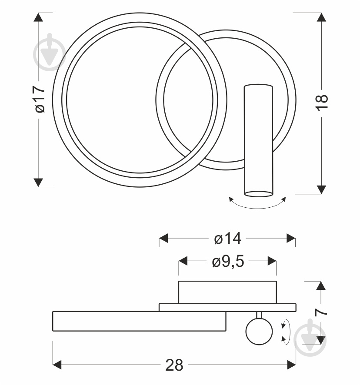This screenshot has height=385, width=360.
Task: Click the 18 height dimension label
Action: point(322,103)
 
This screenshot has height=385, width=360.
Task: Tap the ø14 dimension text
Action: point(228,238)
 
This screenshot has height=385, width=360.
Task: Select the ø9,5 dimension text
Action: point(228,261)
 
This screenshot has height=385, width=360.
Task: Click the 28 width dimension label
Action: point(174,365)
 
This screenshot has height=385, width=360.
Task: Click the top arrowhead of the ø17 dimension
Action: point(38,17)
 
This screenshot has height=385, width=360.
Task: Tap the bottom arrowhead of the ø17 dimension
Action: point(38,183)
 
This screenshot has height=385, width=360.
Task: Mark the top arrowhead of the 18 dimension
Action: point(321,17)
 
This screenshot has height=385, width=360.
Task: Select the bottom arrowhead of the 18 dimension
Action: point(321,189)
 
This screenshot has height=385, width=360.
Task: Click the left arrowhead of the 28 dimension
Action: point(57,365)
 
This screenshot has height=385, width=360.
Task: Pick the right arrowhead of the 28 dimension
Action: point(291,365)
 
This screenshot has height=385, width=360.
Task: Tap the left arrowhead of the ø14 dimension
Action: point(163,238)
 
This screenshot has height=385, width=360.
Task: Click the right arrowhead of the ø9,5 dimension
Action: point(272,261)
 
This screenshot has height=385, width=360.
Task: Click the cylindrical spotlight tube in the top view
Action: point(258,140)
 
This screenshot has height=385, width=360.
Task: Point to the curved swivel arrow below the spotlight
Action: point(257,208)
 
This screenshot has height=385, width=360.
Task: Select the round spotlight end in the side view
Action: point(259,331)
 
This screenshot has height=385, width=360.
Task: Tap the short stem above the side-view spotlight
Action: point(259,315)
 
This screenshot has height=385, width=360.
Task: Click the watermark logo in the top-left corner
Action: point(50,52)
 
